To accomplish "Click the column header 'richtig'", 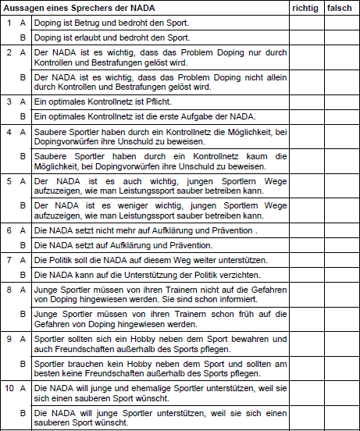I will [x=305, y=7].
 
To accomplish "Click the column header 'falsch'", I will [x=340, y=7].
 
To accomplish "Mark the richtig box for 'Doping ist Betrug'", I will [x=305, y=23].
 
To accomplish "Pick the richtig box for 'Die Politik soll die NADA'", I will [x=305, y=259].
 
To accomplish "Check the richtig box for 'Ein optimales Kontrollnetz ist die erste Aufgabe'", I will [x=305, y=115].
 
